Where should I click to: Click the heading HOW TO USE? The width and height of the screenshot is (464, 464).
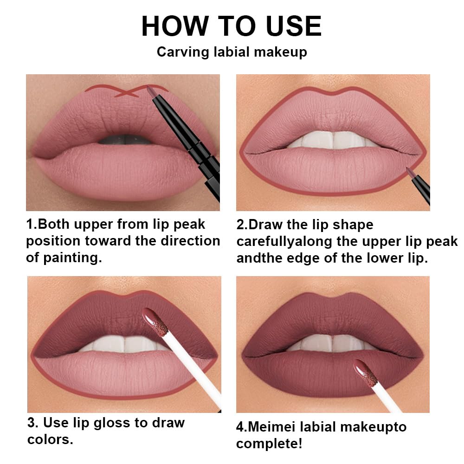[x=231, y=26]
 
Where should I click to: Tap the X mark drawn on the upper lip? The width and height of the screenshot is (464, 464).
[x=127, y=92]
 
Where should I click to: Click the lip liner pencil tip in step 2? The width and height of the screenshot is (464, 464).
[x=408, y=171]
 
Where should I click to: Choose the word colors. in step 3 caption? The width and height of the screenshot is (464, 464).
[x=50, y=439]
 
